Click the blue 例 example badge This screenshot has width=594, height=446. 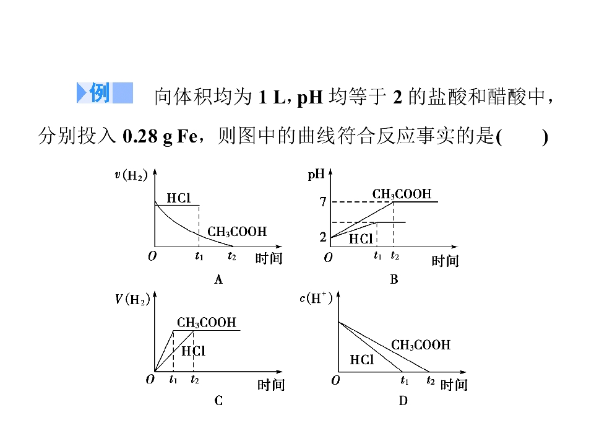[105, 92]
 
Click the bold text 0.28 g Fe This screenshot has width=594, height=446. [160, 136]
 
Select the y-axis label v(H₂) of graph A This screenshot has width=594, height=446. [131, 175]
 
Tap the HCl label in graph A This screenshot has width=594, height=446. [179, 198]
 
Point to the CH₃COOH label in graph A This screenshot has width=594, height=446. [237, 232]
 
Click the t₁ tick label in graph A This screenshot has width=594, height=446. [199, 256]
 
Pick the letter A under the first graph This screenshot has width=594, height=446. [218, 279]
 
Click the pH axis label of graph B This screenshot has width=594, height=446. [316, 175]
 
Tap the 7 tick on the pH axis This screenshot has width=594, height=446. [323, 202]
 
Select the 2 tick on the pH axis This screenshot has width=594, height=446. [323, 237]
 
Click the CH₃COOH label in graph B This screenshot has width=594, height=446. [402, 194]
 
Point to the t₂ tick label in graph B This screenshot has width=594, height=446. [395, 256]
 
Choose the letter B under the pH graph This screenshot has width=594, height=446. [394, 279]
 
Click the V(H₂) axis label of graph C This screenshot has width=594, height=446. [132, 300]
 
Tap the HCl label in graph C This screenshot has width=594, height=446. [193, 351]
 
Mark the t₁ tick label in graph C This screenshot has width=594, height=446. [173, 379]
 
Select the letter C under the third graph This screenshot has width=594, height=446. [218, 401]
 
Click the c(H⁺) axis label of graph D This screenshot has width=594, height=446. [316, 298]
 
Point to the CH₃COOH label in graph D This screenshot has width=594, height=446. [421, 345]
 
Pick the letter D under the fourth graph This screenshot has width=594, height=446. [403, 401]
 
